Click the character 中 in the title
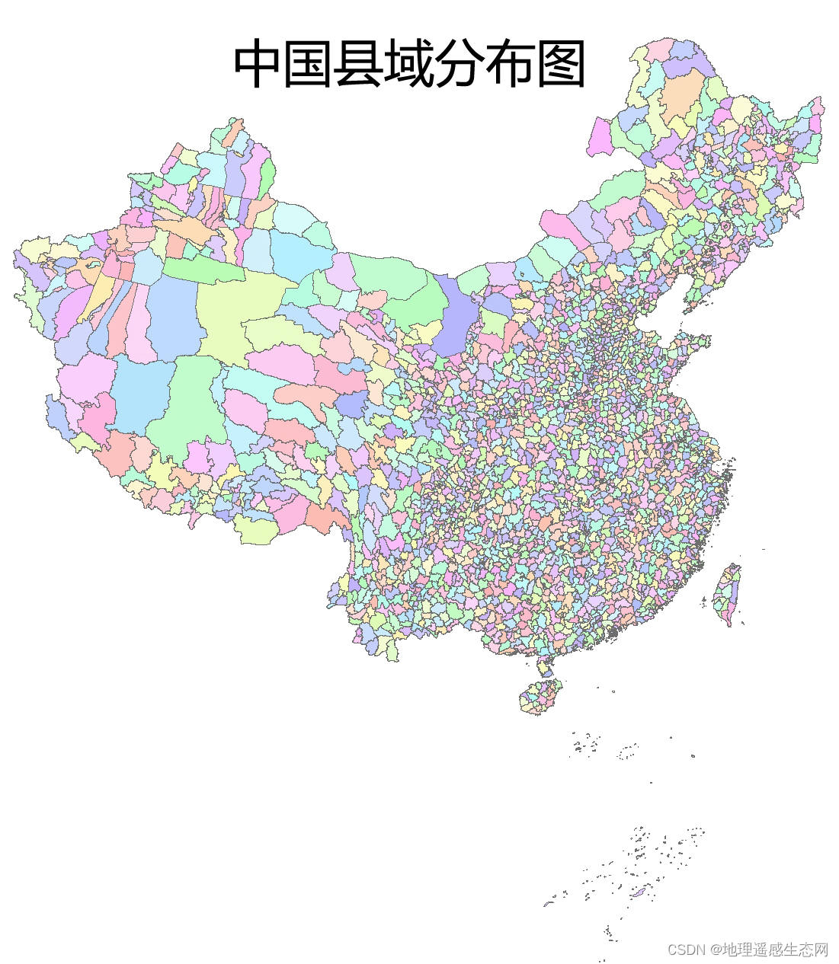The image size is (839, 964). coord(258,65)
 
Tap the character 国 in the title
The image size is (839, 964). coord(309,65)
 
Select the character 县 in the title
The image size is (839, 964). coord(359,65)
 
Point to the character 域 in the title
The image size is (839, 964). coord(409,65)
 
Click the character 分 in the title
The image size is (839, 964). coord(460,65)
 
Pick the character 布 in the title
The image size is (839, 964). coord(510,65)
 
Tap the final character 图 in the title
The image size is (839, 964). coord(560,65)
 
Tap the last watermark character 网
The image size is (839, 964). coord(821,950)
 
